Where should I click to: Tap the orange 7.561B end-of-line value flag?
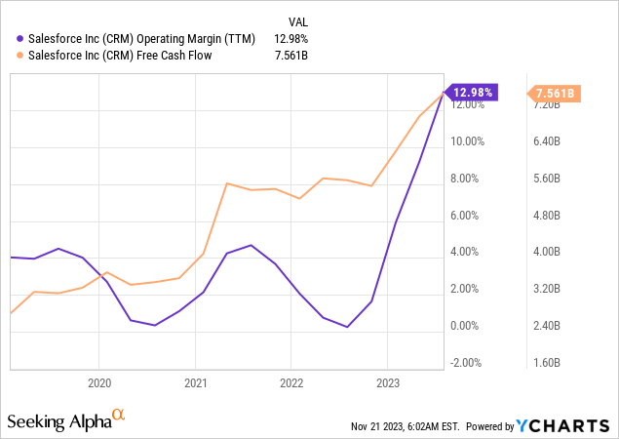pyautogui.click(x=556, y=93)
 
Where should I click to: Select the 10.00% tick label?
pyautogui.click(x=467, y=141)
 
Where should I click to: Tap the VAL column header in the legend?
pyautogui.click(x=300, y=20)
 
